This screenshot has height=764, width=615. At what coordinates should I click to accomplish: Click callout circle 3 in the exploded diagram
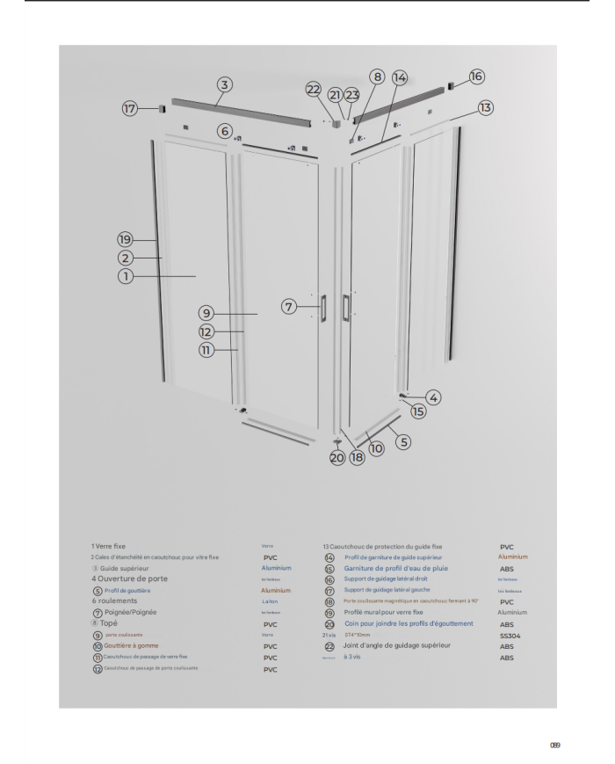[225, 85]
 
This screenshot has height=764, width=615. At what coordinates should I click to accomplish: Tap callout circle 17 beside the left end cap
[130, 109]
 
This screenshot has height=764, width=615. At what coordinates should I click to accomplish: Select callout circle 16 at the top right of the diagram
[476, 76]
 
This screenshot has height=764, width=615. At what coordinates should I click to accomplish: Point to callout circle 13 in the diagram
[486, 107]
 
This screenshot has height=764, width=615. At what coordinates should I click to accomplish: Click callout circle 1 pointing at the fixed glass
[126, 276]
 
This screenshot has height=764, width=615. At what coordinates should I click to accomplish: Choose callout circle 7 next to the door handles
[289, 307]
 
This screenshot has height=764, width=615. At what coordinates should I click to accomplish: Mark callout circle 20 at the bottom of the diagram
[337, 458]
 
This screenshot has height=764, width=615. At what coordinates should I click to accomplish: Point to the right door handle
[346, 305]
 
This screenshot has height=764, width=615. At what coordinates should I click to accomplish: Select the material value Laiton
[270, 600]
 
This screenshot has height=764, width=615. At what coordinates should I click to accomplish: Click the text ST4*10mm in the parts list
[358, 635]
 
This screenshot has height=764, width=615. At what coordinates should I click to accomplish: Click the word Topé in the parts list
[109, 622]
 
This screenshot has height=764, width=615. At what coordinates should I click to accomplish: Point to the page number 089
[554, 745]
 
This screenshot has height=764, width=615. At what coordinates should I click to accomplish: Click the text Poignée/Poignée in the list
[131, 612]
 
